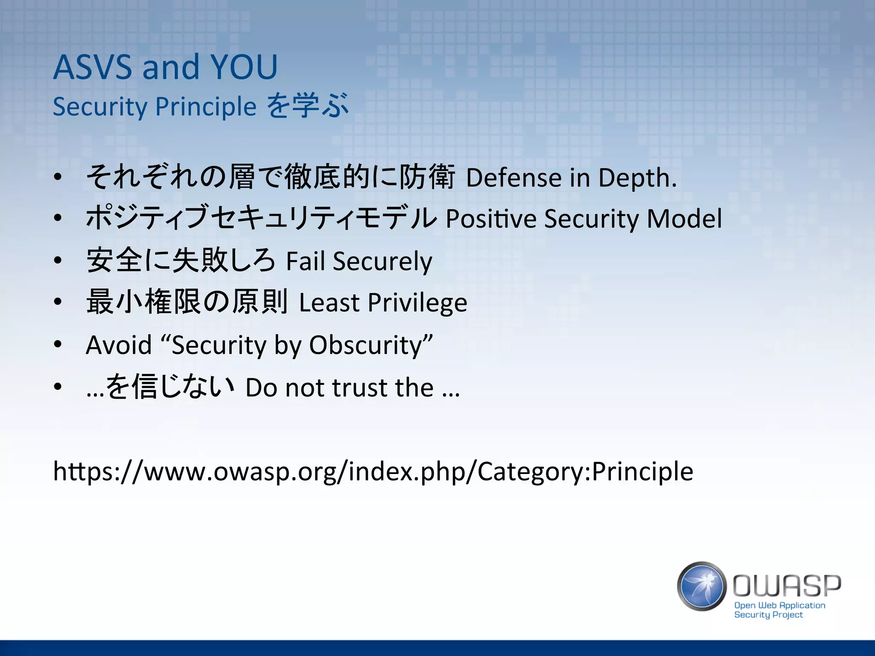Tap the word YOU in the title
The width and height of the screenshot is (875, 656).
pos(244,67)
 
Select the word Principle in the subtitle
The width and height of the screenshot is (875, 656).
pos(206,106)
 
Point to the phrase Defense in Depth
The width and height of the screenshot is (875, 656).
pos(571,178)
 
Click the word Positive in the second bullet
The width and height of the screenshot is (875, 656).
pos(491,219)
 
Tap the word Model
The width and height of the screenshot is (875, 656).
pos(684,219)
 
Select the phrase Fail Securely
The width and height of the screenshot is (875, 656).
pos(359,261)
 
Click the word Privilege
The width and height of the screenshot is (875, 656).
pos(417,303)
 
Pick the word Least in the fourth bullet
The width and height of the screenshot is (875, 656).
pos(329,303)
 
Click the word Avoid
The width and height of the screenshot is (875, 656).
pos(119,345)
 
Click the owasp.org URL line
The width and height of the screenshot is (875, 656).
pos(373,471)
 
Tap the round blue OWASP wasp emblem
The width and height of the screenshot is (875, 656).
pos(702,586)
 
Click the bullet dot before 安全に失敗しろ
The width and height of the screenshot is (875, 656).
pos(58,261)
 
